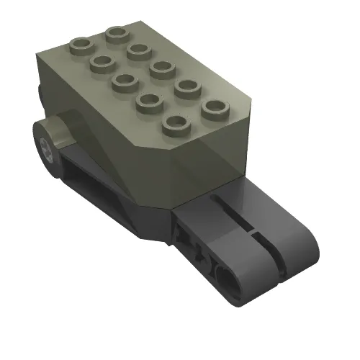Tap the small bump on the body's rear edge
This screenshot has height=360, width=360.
coord(37,94)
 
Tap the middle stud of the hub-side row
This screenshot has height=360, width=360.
coord(124,81)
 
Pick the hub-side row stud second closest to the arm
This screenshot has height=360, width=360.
coord(148,101)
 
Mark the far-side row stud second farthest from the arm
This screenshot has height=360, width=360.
coord(138,50)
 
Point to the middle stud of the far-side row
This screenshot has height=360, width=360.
coord(161,68)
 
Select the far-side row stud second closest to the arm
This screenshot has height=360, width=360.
coord(186,88)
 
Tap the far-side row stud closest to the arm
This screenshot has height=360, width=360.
coord(214,109)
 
